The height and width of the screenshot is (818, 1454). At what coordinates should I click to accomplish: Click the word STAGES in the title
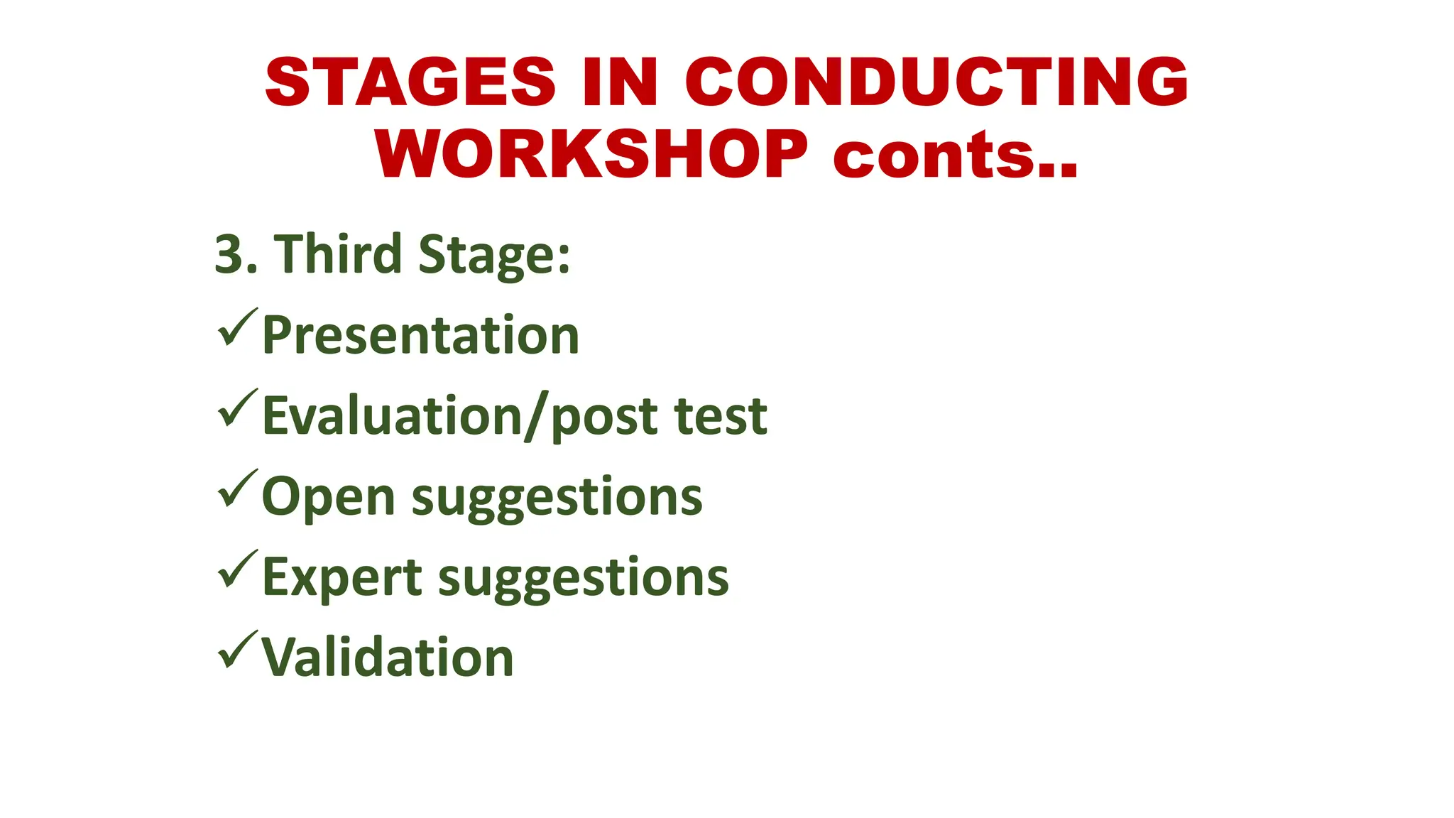tap(410, 82)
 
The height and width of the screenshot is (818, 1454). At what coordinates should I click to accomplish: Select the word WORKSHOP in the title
tap(591, 155)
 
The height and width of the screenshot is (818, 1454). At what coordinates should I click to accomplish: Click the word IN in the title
tap(620, 82)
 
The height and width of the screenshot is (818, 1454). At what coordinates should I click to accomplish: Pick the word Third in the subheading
tap(339, 253)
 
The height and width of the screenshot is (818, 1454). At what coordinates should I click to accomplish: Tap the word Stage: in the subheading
tap(494, 256)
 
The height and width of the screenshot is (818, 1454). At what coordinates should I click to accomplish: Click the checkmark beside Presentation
tap(237, 327)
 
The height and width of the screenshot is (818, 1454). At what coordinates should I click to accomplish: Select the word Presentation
tap(420, 335)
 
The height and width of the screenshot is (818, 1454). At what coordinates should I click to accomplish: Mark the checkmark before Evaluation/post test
tap(237, 408)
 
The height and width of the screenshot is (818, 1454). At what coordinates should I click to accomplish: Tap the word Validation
tap(388, 658)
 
